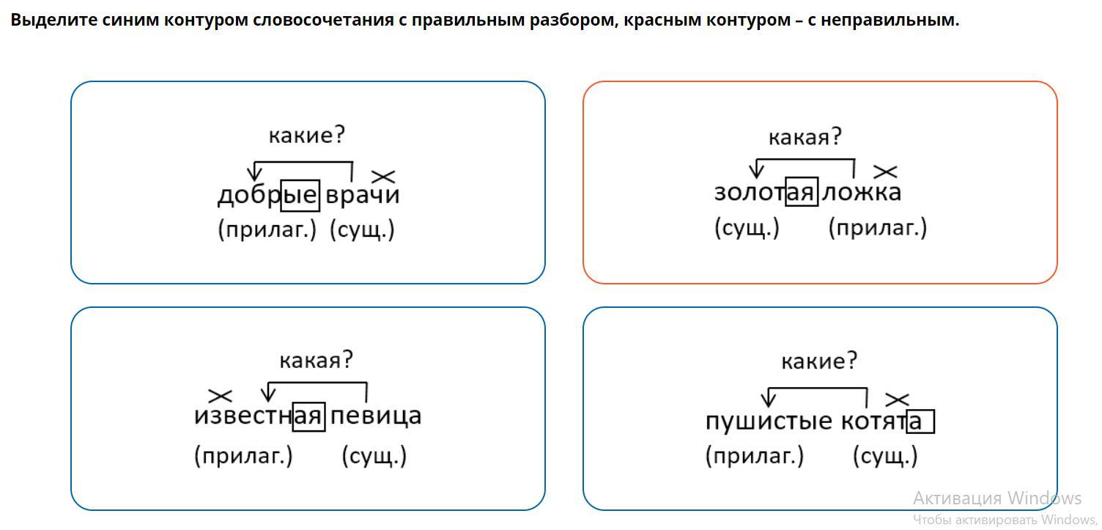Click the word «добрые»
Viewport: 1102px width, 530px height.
point(269,196)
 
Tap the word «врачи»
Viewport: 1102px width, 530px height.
point(363,195)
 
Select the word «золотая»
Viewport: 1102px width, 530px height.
point(766,192)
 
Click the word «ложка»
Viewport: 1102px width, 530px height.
point(862,192)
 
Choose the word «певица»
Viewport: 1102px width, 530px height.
point(376,416)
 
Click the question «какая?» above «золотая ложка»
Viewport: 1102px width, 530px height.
point(805,137)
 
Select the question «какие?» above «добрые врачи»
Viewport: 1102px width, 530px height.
point(307,135)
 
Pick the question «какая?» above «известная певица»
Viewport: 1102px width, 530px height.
point(317,360)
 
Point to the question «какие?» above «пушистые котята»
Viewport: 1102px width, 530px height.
point(819,361)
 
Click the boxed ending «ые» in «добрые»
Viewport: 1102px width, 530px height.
point(300,196)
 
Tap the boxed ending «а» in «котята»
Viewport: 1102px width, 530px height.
point(920,422)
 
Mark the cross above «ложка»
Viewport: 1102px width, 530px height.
point(885,172)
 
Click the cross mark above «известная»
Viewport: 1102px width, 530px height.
point(220,396)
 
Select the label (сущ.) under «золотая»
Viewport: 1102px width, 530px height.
point(747,228)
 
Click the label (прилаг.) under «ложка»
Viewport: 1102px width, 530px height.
point(878,228)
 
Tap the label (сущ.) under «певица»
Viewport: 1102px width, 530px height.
point(374,456)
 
